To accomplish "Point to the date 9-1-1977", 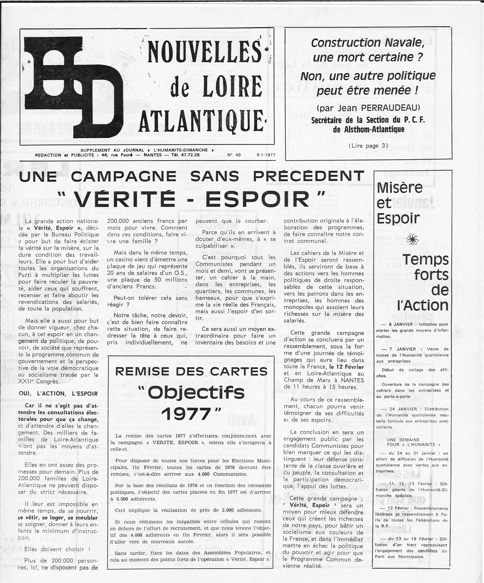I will click(x=266, y=155).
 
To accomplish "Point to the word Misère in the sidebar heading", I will click(x=400, y=188).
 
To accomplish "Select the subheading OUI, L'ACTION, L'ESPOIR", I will click(x=58, y=394).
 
